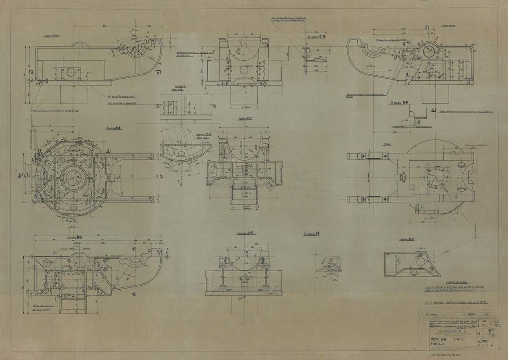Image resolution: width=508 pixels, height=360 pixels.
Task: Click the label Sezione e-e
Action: (x=407, y=239)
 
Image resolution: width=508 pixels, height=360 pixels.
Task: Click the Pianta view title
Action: (x=387, y=143)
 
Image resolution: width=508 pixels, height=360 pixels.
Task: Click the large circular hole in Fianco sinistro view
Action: (x=72, y=72)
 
